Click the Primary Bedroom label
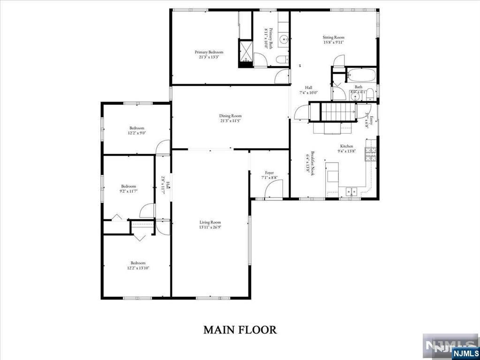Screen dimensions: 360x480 [x=209, y=52]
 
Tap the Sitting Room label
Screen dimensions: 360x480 [x=333, y=37]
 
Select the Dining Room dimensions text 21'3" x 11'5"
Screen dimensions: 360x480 [x=230, y=121]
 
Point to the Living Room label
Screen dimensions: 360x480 [x=210, y=222]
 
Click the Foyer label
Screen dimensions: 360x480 [x=269, y=173]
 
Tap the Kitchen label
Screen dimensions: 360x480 [x=346, y=146]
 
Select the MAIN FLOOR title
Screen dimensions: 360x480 [x=240, y=330]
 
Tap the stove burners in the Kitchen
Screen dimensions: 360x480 [x=371, y=154]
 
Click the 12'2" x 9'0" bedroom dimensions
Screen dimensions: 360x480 [x=137, y=133]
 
